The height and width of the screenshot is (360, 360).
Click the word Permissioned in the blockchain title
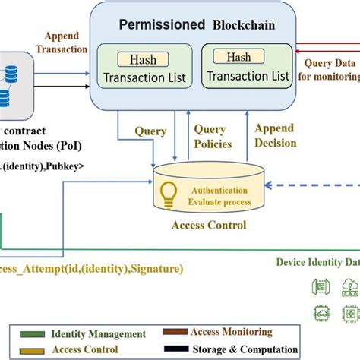click(x=161, y=24)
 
